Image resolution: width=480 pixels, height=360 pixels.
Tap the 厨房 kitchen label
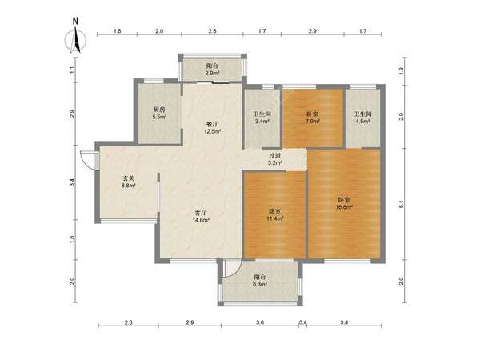[x=159, y=110]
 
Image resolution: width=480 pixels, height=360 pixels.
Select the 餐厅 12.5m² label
[x=213, y=128]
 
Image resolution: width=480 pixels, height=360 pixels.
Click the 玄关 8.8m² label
[x=129, y=182]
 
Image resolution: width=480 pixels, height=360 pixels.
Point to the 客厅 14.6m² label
[x=201, y=216]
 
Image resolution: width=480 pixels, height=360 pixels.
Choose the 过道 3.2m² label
[x=275, y=159]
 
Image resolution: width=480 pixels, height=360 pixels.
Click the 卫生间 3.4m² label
[x=262, y=118]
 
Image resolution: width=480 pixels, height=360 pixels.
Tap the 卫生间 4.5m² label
[x=362, y=118]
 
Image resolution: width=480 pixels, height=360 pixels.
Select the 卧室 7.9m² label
[x=313, y=118]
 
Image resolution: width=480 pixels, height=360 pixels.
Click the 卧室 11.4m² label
[x=275, y=215]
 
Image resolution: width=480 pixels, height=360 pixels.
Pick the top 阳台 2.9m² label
[x=212, y=69]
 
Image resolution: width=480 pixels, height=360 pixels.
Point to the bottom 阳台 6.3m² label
[x=260, y=281]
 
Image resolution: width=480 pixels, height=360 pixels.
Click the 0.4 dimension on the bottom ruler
[x=302, y=322]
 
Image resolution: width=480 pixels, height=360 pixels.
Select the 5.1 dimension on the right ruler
[x=402, y=204]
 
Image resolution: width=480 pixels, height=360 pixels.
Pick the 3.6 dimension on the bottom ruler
[x=260, y=322]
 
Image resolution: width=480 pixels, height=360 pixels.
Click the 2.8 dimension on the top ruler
[x=213, y=31]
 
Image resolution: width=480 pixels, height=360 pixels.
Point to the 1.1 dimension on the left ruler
[x=72, y=70]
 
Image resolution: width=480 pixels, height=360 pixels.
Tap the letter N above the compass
[x=75, y=21]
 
